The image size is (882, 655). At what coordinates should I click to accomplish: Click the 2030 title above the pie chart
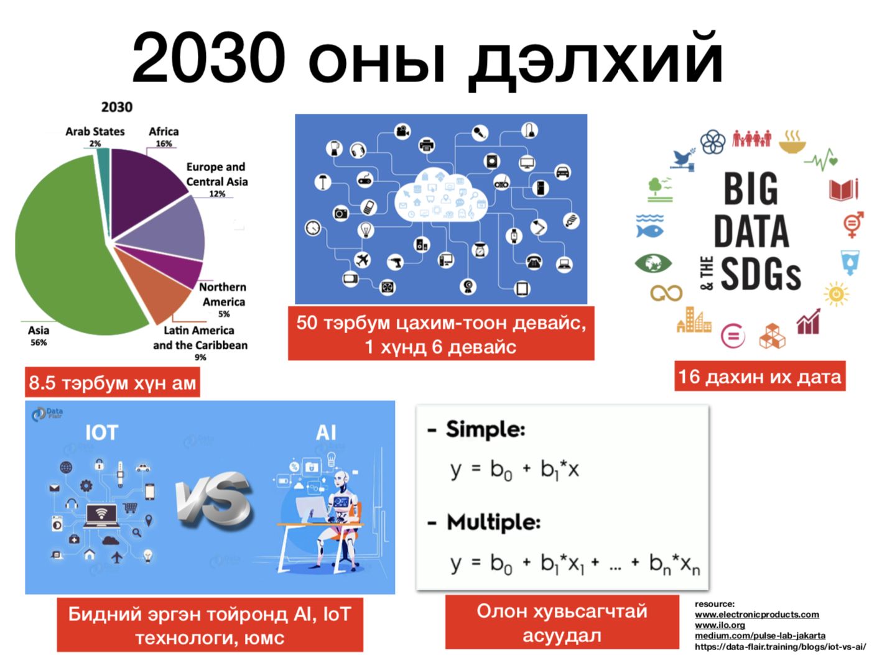(116, 107)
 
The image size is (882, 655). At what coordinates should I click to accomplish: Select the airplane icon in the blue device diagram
(362, 260)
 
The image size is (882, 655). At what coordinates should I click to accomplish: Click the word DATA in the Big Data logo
(751, 231)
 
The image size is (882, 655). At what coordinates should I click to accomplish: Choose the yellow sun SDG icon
(836, 294)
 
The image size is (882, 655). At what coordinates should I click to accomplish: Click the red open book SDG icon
(843, 190)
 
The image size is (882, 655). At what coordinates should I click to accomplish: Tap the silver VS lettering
(213, 501)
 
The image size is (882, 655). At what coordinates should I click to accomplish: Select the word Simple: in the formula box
(485, 429)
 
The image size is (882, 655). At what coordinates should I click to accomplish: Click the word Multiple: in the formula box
(493, 522)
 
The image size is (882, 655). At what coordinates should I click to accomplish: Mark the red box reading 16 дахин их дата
(759, 376)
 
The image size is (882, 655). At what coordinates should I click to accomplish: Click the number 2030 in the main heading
(208, 57)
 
